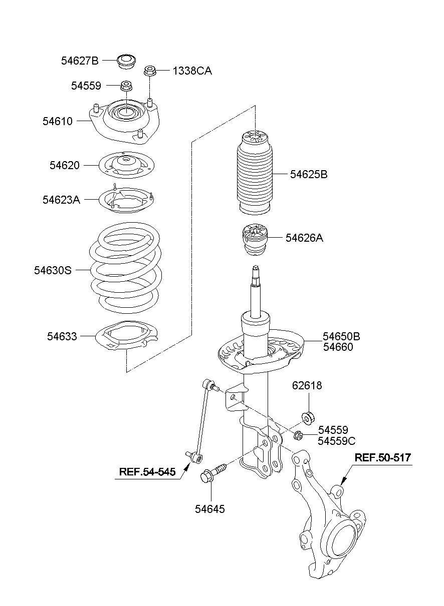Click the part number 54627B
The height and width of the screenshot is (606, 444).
(80, 61)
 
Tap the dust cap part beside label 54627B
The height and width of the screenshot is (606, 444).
(125, 62)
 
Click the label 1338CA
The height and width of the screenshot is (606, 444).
(192, 71)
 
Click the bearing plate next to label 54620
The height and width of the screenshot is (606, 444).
(125, 165)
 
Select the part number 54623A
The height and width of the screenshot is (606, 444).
(61, 200)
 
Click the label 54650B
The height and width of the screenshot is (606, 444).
(341, 336)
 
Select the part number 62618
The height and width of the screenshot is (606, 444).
(307, 386)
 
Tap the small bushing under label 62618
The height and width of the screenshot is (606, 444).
(308, 416)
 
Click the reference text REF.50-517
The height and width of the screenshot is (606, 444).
(383, 457)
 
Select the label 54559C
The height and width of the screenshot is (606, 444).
(336, 440)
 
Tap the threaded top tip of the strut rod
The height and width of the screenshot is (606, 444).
(256, 271)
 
